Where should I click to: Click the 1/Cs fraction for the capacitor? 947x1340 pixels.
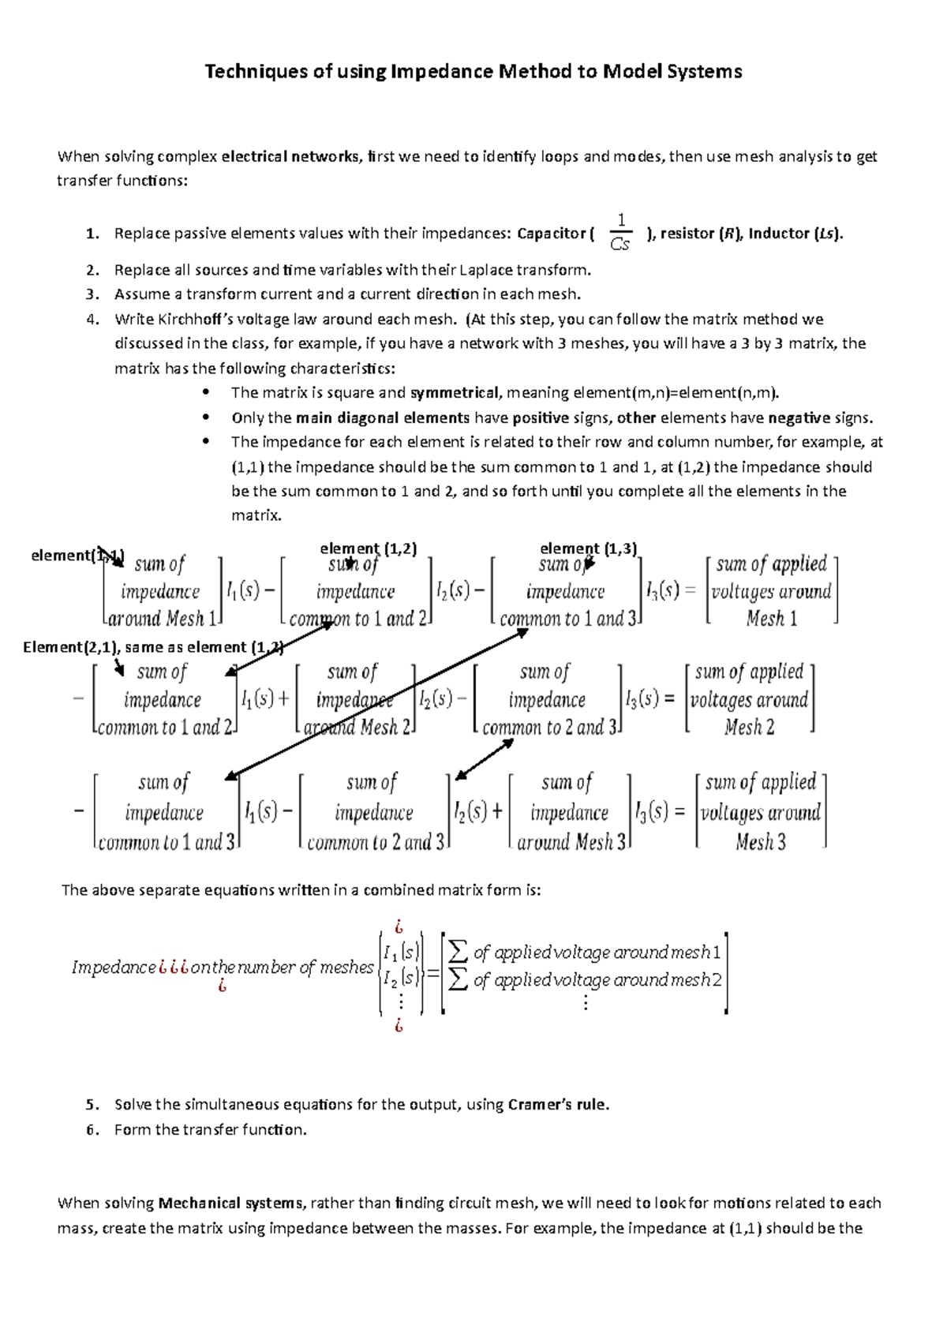tap(620, 233)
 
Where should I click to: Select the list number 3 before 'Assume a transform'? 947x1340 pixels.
tap(92, 294)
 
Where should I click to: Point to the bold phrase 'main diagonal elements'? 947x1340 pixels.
tap(382, 418)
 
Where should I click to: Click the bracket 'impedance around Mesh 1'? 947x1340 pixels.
tap(162, 591)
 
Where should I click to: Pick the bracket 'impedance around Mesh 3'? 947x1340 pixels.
tap(570, 812)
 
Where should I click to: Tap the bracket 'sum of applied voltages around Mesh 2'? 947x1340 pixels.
tap(749, 699)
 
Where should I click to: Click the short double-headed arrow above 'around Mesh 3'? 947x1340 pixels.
tap(485, 760)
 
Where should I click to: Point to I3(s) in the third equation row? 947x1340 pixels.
tap(652, 811)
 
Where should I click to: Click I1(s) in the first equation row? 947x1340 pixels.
tap(242, 590)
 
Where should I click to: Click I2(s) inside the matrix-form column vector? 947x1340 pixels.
tap(401, 979)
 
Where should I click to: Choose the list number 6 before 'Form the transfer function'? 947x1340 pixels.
tap(92, 1130)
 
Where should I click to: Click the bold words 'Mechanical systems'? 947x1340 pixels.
tap(230, 1203)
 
